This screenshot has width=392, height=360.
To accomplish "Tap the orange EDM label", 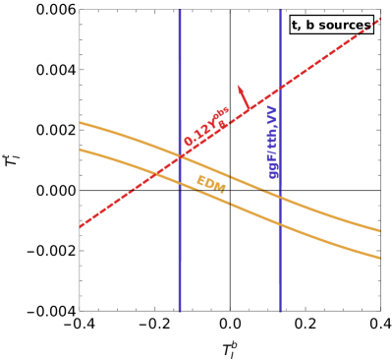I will tap(211, 182).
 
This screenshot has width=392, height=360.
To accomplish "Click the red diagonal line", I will tap(128, 194).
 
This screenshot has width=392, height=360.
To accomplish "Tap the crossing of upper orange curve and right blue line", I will tap(280, 195).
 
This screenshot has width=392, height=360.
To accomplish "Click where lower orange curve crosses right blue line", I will tap(280, 224).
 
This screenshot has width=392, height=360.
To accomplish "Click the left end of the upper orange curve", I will tap(80, 123).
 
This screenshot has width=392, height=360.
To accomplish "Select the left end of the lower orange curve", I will tap(80, 150).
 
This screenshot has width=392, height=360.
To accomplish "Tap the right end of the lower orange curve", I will tap(380, 260).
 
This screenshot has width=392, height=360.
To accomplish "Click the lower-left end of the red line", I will tap(80, 227).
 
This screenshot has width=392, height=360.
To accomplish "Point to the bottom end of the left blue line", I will tap(180, 312).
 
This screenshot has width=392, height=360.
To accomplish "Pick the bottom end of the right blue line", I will tap(280, 312).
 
